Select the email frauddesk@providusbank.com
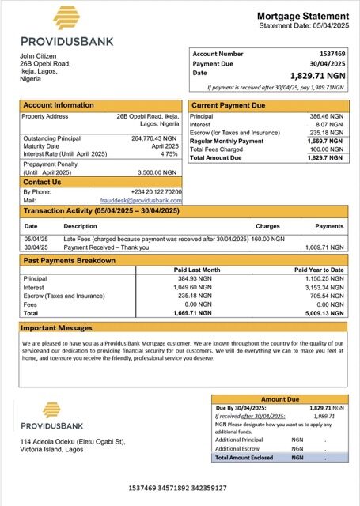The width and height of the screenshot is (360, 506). pos(146,201)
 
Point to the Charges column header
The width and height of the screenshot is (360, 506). pos(267,226)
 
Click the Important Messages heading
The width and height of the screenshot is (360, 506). pos(61,327)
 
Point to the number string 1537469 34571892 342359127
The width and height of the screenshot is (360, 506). pos(180,489)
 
